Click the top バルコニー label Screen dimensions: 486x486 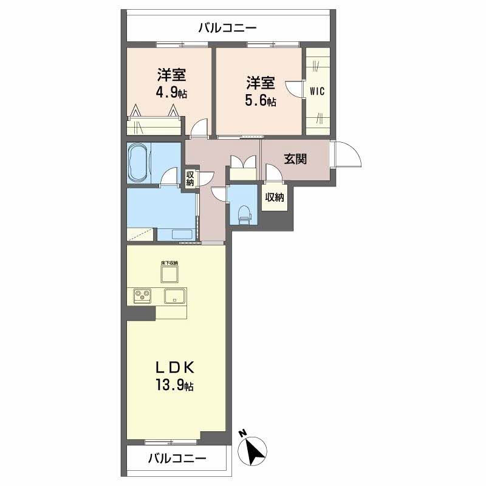click(228, 27)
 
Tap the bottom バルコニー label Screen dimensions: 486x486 click(177, 459)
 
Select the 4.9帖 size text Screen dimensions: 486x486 click(171, 93)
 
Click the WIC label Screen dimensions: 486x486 click(317, 92)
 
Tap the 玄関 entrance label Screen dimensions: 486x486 click(295, 159)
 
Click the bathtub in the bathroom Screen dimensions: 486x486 click(139, 162)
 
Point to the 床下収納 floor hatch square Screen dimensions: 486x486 click(169, 274)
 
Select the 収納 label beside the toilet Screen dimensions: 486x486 click(274, 197)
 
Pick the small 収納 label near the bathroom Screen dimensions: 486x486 click(190, 179)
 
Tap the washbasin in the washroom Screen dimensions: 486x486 click(180, 234)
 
